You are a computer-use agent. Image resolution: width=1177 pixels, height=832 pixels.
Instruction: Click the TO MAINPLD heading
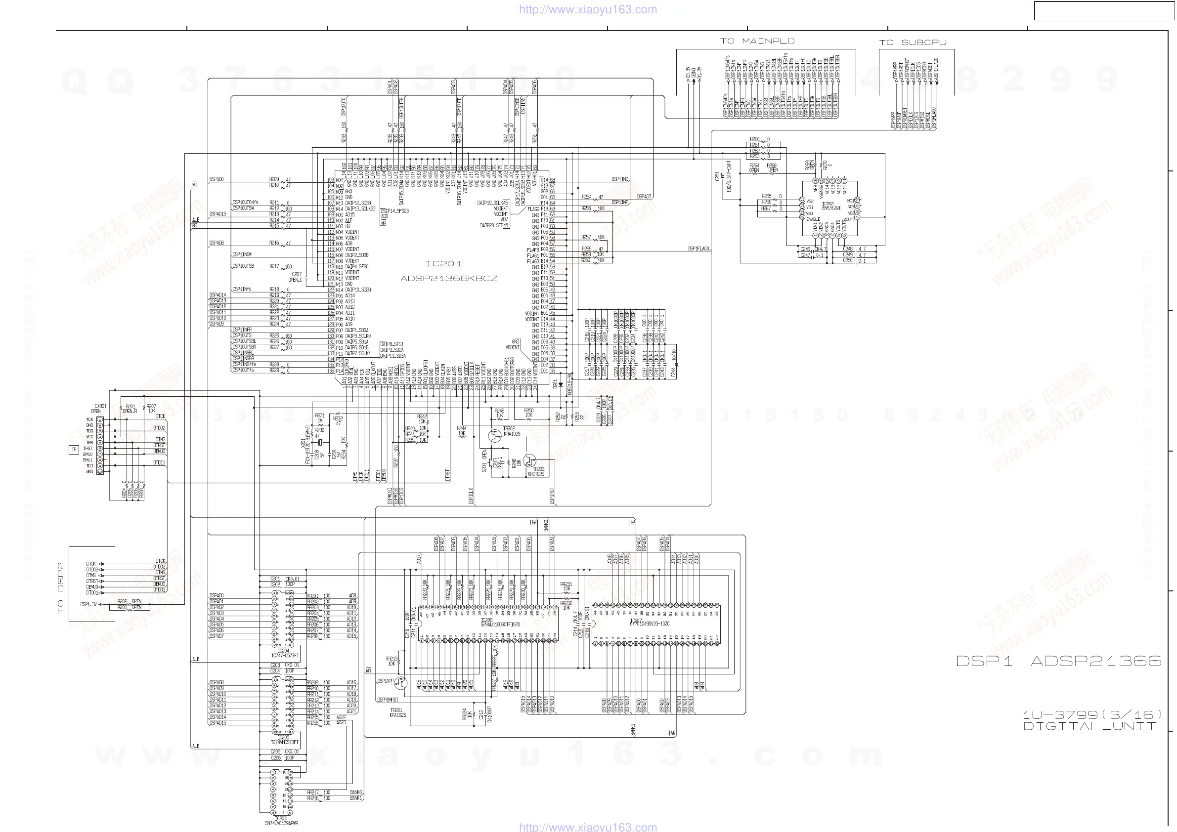[757, 41]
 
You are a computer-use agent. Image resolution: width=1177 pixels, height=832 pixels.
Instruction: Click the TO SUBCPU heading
[913, 42]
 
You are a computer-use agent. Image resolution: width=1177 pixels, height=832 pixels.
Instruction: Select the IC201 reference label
[443, 264]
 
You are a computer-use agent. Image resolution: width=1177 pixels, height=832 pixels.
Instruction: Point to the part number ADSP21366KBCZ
[448, 279]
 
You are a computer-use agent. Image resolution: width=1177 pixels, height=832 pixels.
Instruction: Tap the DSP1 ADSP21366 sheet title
[1058, 661]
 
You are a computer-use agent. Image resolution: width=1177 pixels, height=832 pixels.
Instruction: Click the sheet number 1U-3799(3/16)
[1091, 715]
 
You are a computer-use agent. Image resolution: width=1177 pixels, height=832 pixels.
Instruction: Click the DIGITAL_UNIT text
[1090, 726]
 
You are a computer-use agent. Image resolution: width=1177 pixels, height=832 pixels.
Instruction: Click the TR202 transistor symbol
[495, 435]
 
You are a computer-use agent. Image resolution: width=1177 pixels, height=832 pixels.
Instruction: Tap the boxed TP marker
[74, 450]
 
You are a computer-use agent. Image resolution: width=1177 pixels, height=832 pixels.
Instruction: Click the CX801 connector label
[100, 406]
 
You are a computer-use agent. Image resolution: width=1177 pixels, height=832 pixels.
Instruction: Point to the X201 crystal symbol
[320, 442]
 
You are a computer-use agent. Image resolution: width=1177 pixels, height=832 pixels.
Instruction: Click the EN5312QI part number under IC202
[830, 208]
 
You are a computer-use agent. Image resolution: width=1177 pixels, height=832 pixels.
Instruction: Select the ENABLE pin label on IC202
[813, 219]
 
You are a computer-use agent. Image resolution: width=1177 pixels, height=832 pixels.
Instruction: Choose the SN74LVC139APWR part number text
[281, 823]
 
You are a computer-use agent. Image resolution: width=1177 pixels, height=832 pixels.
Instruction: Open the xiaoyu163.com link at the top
[588, 9]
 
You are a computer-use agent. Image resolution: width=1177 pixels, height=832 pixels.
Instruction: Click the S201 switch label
[484, 461]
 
